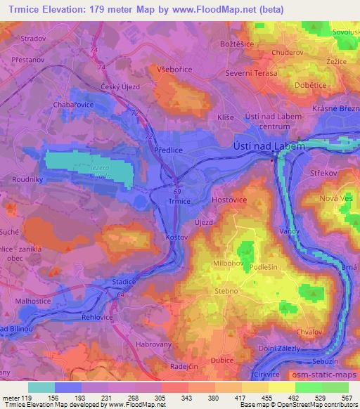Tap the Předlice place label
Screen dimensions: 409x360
(168, 150)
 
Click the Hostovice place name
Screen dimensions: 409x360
(226, 201)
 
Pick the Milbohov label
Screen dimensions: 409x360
(228, 264)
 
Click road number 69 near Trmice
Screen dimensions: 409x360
(177, 190)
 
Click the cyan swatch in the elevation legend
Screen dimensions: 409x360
(41, 387)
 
